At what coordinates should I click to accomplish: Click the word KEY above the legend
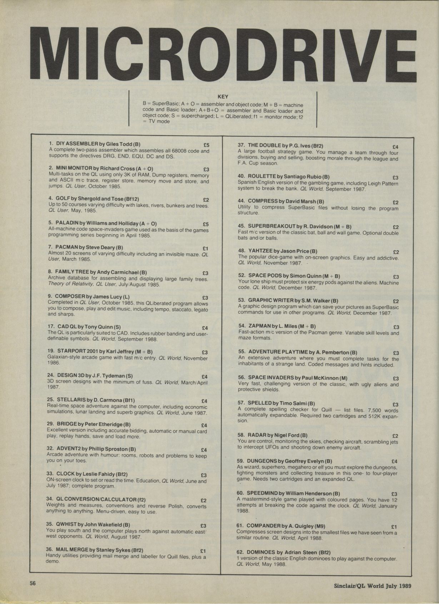pos(223,97)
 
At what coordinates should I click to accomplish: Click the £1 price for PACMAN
pos(205,249)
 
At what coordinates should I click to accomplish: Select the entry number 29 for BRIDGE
pos(50,424)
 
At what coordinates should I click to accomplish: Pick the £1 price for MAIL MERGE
pos(203,551)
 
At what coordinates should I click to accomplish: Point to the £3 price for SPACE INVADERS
pos(395,379)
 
